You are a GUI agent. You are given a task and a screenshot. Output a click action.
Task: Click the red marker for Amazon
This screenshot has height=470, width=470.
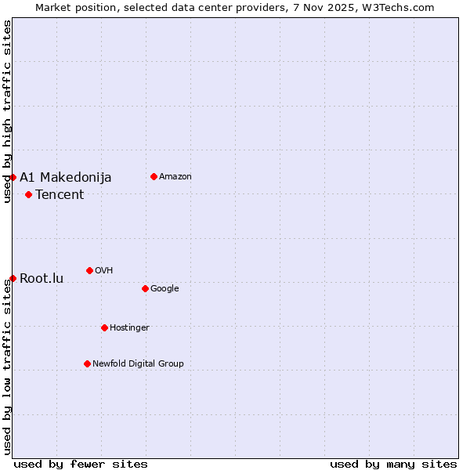pyautogui.click(x=154, y=176)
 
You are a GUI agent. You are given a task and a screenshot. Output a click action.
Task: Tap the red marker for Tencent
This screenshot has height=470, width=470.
pyautogui.click(x=28, y=194)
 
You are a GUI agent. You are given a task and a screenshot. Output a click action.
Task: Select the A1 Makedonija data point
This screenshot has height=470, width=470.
pyautogui.click(x=13, y=177)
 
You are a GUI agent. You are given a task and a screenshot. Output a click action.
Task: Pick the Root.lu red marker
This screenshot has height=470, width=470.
pyautogui.click(x=13, y=278)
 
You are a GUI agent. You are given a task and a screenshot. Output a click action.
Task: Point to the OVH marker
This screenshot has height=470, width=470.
pyautogui.click(x=89, y=270)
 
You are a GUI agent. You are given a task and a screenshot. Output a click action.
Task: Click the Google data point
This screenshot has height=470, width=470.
pyautogui.click(x=145, y=288)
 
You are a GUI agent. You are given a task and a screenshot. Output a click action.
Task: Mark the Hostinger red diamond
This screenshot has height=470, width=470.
pyautogui.click(x=104, y=327)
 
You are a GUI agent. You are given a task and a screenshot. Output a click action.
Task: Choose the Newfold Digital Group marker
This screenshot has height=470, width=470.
pyautogui.click(x=87, y=363)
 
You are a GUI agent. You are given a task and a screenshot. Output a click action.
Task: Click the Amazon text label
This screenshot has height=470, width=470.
pyautogui.click(x=175, y=177)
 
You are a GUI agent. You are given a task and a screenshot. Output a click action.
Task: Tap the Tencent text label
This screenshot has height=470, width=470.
pyautogui.click(x=60, y=195)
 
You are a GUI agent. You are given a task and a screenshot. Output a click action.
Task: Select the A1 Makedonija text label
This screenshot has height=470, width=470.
pyautogui.click(x=66, y=178)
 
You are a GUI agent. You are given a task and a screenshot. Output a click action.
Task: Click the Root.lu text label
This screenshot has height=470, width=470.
pyautogui.click(x=42, y=279)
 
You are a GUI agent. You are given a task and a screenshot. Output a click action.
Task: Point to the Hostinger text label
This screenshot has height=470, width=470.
pyautogui.click(x=129, y=328)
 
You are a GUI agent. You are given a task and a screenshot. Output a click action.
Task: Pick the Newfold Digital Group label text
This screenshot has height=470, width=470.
pyautogui.click(x=138, y=364)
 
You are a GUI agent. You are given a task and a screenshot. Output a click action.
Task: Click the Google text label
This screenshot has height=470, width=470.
pyautogui.click(x=164, y=289)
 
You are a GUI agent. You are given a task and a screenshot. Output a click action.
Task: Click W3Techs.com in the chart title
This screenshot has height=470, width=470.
pyautogui.click(x=398, y=7)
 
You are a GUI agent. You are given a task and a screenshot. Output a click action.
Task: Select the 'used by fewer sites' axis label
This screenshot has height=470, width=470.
pyautogui.click(x=81, y=464)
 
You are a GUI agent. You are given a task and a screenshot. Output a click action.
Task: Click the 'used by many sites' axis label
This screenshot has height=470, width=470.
pyautogui.click(x=393, y=464)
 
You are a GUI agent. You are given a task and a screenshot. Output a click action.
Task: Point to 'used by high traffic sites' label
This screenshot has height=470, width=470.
pyautogui.click(x=7, y=111)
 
